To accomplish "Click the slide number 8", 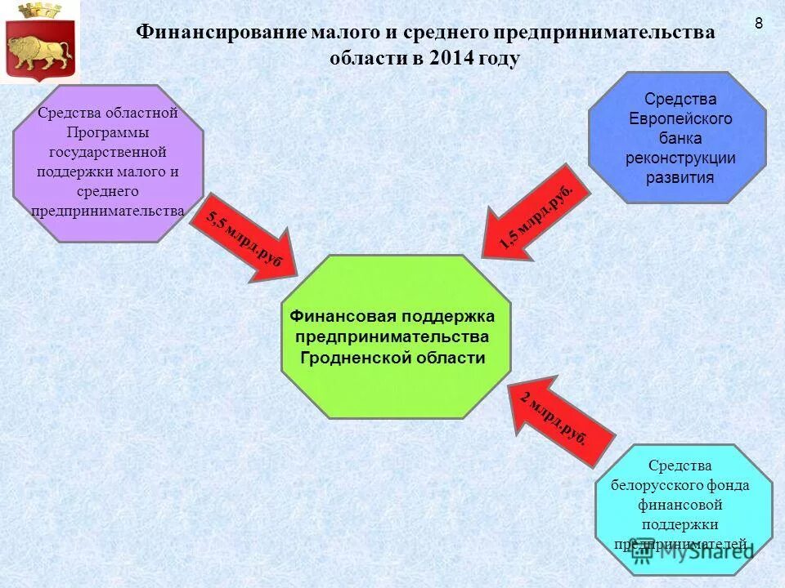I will click(x=759, y=24).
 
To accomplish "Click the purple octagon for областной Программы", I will click(x=108, y=163).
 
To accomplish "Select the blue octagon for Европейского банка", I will click(x=677, y=137).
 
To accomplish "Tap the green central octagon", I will click(x=396, y=336).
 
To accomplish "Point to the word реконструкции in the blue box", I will click(x=680, y=158).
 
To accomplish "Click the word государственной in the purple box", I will click(x=107, y=151).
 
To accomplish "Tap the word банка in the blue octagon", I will click(x=680, y=138).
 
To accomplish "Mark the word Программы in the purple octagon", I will click(x=108, y=131).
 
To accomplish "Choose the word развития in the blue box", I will click(x=680, y=177).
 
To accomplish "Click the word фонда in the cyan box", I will click(x=728, y=485).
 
